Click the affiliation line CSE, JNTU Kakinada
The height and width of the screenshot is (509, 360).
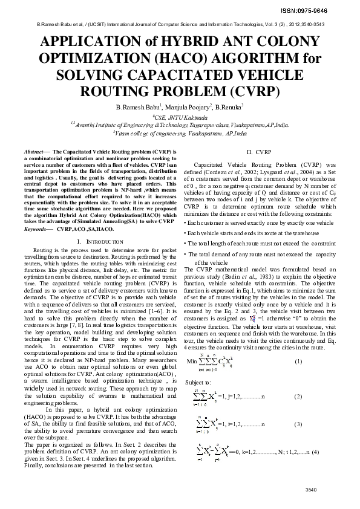tap(180, 117)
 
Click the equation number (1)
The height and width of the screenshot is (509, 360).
tap(298, 361)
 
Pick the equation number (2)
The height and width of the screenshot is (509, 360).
tap(298, 397)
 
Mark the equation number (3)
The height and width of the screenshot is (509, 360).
tap(298, 424)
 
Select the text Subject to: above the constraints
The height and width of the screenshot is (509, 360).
tap(198, 383)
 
